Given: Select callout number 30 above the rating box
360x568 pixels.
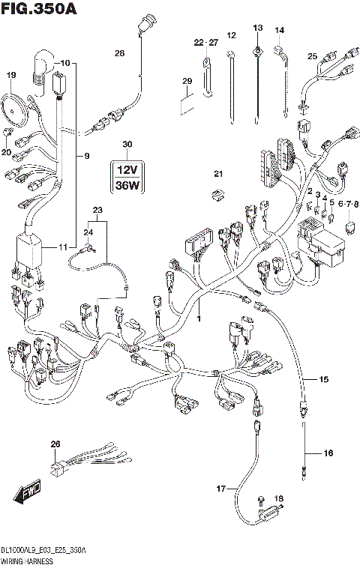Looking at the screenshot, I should coord(127,144).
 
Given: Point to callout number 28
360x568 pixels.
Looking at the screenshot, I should coord(118,53).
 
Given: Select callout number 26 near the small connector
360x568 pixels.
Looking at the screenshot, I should coord(54,445).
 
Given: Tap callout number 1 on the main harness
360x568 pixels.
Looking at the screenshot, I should coord(199,319).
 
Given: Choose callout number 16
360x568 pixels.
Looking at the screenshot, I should coord(328,453).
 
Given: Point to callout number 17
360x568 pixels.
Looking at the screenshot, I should coord(220,489).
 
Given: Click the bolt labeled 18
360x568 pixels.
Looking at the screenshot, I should coord(279,498).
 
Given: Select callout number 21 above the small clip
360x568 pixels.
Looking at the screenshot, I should coord(218,174).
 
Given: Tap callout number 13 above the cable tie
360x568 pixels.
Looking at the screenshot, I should coord(257,28).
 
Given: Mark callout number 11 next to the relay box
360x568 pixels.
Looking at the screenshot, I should coord(62,247).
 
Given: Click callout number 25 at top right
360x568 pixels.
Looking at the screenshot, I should coord(313,55).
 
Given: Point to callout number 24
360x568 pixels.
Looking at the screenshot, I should coord(88,233).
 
